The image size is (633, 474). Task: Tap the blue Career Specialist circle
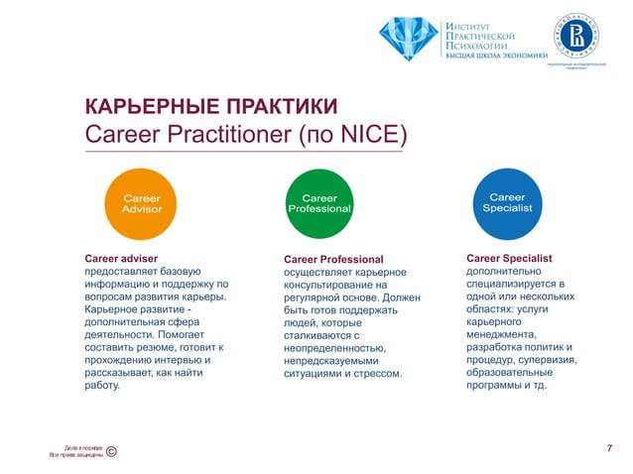[x=507, y=202]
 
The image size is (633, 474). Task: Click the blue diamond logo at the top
[x=408, y=39]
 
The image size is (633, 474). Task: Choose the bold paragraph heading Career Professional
[x=332, y=260]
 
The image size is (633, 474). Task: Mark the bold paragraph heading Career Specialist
[x=509, y=258]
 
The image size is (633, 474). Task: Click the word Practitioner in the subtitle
[x=226, y=134]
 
